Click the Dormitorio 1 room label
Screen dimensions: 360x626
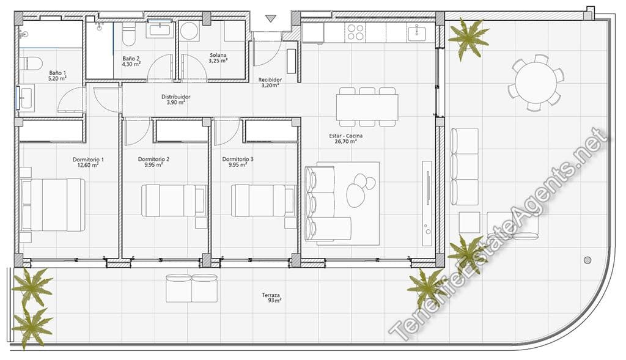click(x=88, y=160)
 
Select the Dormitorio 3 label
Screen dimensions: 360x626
click(x=238, y=160)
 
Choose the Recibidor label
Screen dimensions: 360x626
click(x=270, y=80)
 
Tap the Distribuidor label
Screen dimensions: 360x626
click(x=176, y=97)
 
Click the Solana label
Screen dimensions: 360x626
click(x=218, y=55)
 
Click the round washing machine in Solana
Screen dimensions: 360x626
click(x=190, y=31)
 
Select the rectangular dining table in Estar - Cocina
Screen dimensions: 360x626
click(x=367, y=107)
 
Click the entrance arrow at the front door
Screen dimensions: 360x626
click(x=271, y=19)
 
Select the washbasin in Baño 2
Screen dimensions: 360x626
click(x=161, y=28)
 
